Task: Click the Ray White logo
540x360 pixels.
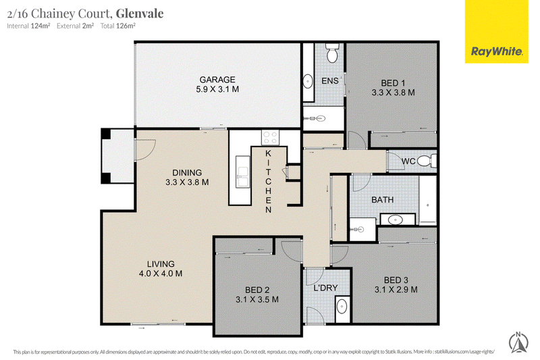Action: [496, 32]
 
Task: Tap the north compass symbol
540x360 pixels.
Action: [518, 342]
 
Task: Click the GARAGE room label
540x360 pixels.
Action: [217, 80]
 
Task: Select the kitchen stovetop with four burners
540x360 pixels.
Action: [271, 138]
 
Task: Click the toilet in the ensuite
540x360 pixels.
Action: [332, 53]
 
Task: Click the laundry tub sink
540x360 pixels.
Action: [342, 306]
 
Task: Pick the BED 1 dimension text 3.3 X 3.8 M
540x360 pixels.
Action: [393, 93]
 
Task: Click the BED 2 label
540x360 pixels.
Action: [257, 290]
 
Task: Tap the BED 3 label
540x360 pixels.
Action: [396, 280]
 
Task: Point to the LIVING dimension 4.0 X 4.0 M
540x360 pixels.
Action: [161, 274]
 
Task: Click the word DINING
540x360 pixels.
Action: [187, 173]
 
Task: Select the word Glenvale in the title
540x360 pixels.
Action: [140, 14]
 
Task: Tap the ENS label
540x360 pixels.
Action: [330, 81]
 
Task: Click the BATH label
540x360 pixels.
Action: [382, 200]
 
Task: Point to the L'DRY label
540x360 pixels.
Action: [325, 288]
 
